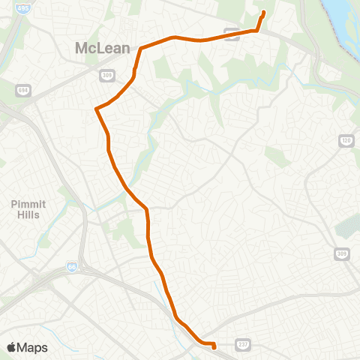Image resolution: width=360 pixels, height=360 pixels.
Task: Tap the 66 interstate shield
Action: (72, 266)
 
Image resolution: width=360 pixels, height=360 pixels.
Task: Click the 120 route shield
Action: (346, 141)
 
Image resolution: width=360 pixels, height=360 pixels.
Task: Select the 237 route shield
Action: (242, 344)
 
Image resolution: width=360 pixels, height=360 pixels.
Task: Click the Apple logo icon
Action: (12, 347)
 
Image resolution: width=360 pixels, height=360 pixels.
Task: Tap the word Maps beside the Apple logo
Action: (32, 347)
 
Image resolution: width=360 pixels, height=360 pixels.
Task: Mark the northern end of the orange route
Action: (264, 11)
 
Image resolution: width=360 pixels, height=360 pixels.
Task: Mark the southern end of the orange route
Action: (214, 347)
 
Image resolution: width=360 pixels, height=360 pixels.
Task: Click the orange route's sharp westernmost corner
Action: (96, 109)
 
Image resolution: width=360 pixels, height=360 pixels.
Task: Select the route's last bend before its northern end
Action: (257, 30)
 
